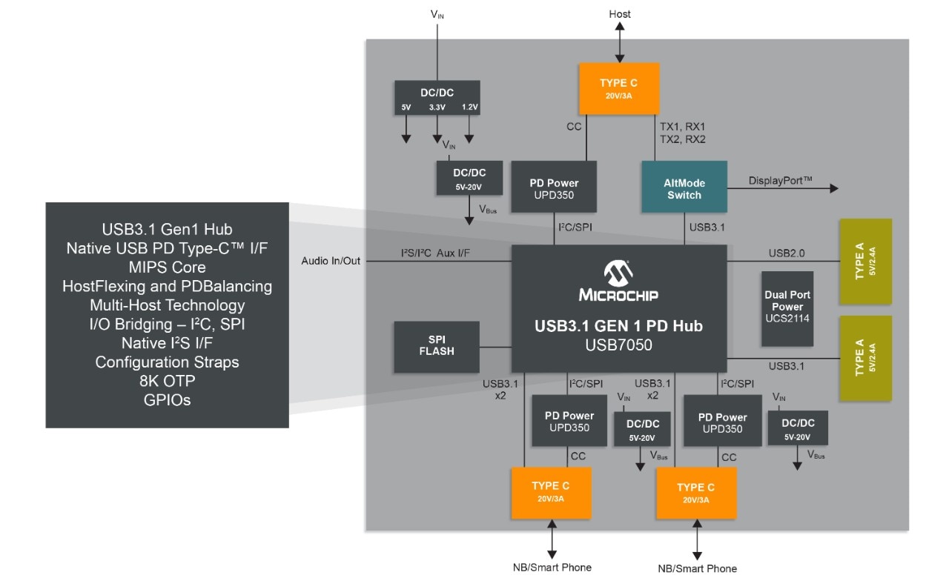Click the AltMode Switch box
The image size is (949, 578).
[684, 189]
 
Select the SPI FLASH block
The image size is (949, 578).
[436, 346]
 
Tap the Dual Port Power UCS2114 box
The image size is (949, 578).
[787, 308]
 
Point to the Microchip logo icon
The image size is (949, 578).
[618, 273]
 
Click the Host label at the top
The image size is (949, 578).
[620, 14]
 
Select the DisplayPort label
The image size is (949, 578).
[780, 180]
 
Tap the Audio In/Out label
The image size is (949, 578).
[331, 261]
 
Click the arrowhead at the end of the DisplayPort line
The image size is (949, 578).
[834, 189]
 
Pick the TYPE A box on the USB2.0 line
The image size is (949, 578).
[864, 261]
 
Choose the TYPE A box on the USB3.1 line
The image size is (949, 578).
[864, 359]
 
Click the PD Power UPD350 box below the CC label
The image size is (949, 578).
[554, 189]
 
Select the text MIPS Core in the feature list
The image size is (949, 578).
[167, 267]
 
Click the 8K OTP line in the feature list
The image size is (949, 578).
[167, 381]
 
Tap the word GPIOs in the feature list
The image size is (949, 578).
[167, 400]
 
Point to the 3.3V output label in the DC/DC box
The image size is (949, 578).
[437, 107]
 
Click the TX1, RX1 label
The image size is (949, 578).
[682, 127]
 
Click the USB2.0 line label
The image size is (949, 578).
[787, 253]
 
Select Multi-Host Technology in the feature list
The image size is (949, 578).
[167, 305]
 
